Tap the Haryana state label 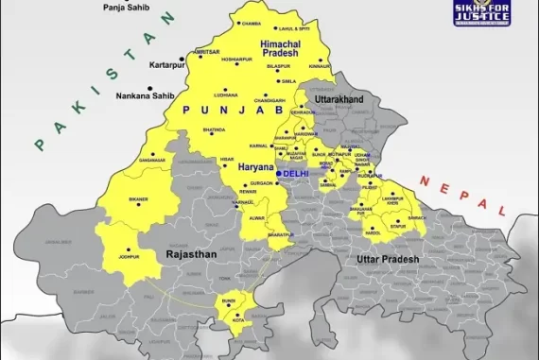coord(255,166)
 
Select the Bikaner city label coord(139,200)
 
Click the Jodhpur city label coord(130,255)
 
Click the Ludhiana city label coord(226,94)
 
